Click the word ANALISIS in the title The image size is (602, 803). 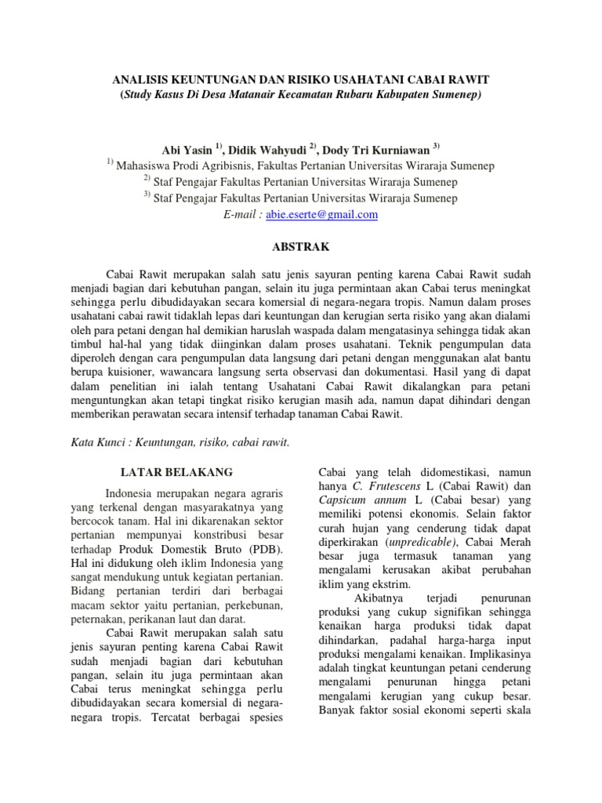(140, 81)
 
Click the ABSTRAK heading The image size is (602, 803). (300, 246)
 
